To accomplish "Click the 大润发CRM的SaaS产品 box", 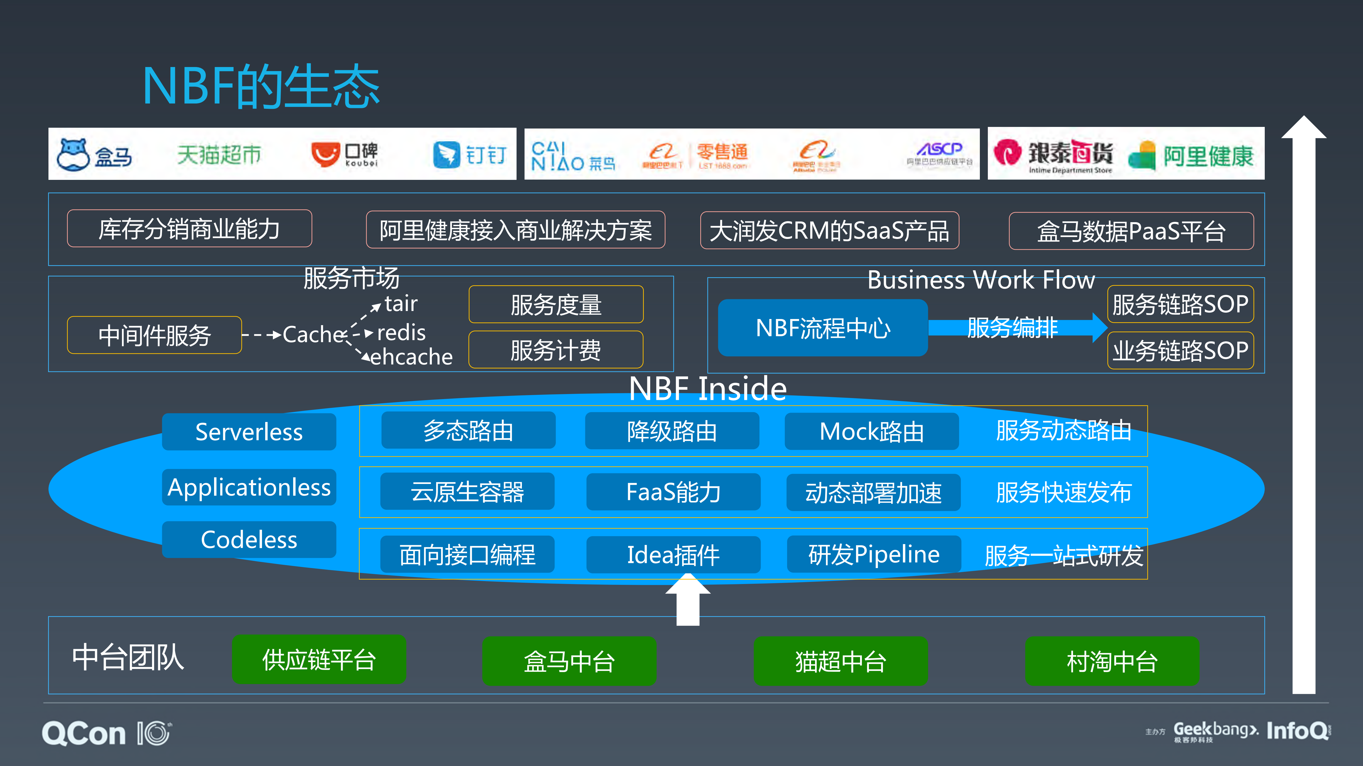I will pyautogui.click(x=829, y=230).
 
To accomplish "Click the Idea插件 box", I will pyautogui.click(x=673, y=554).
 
